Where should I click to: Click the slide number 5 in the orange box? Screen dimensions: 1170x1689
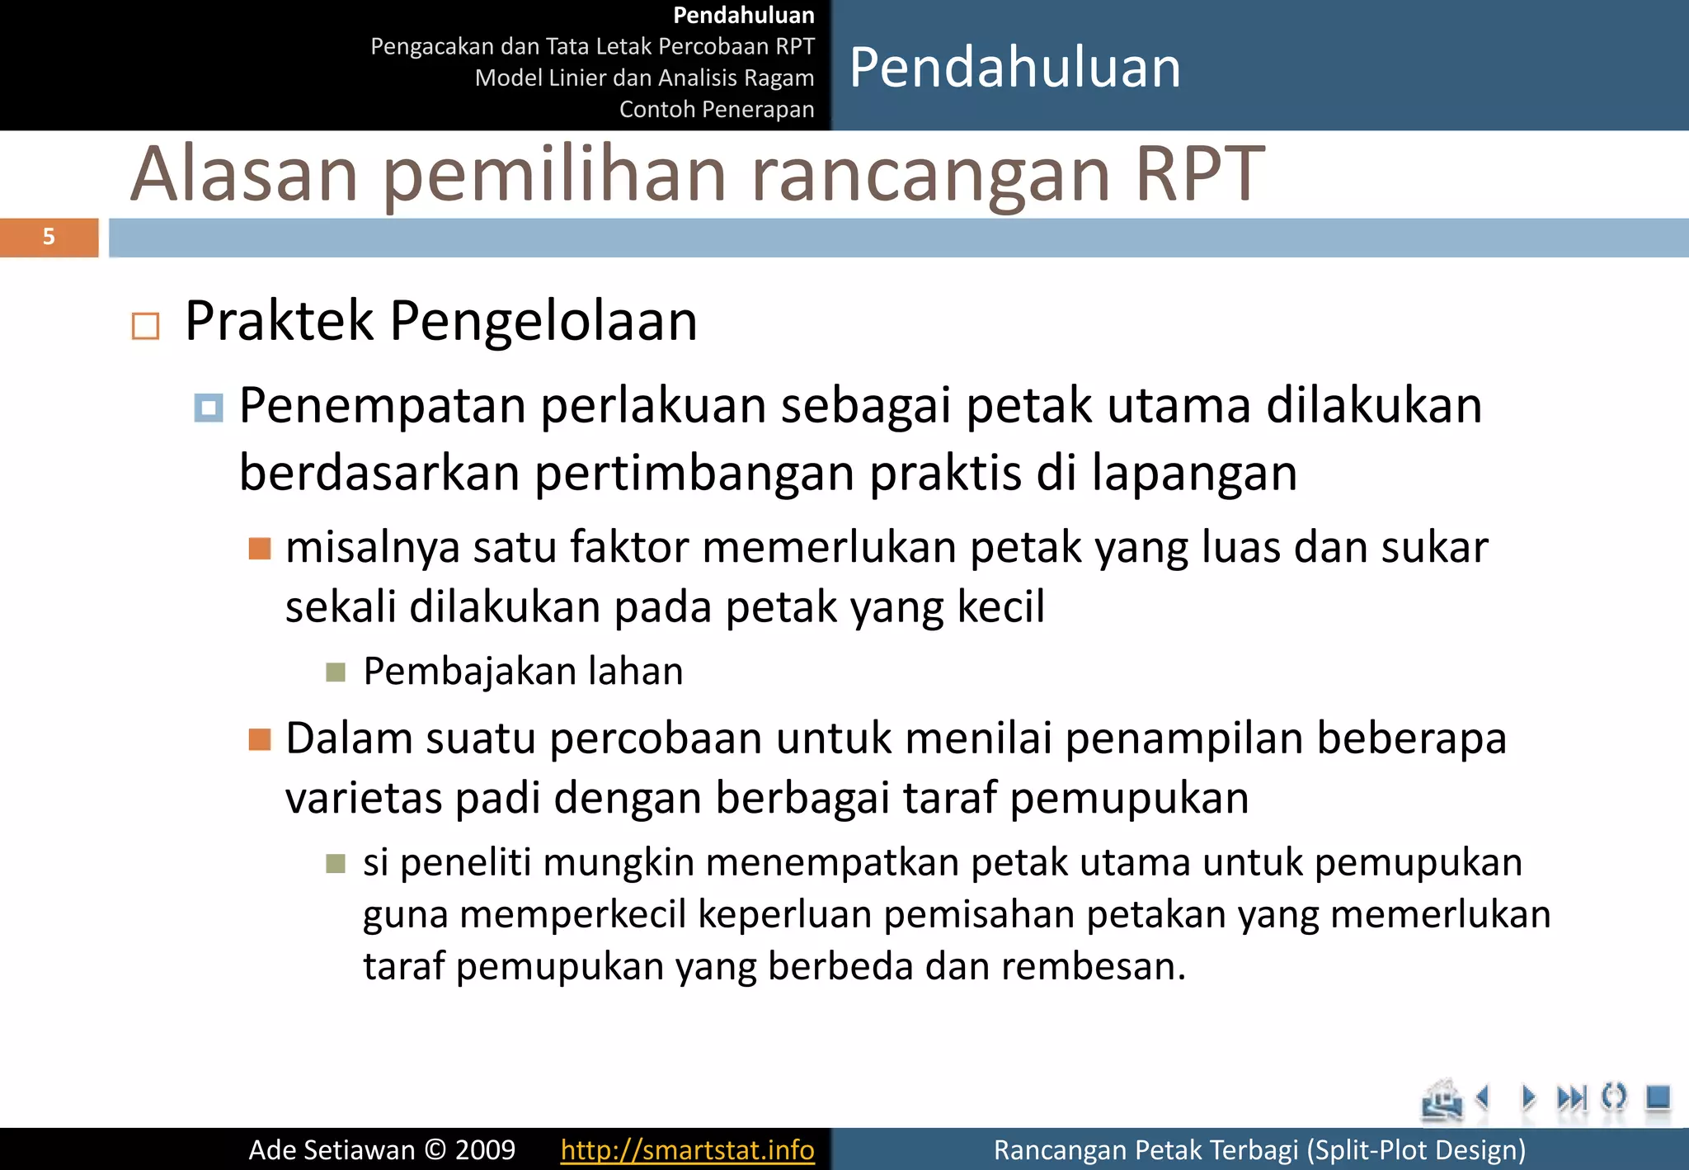click(49, 237)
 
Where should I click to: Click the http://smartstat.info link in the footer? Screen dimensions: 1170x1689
click(687, 1149)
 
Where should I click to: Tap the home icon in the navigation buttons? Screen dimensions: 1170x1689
click(1441, 1100)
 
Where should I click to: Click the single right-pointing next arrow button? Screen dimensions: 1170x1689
click(1528, 1097)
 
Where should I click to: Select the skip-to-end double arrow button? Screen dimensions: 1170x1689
click(1571, 1098)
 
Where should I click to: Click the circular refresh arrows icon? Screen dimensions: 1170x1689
click(1613, 1097)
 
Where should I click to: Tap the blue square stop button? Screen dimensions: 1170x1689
click(1658, 1097)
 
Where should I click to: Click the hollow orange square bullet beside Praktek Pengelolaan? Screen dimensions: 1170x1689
click(145, 326)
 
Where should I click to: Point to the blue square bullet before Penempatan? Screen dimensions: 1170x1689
click(208, 408)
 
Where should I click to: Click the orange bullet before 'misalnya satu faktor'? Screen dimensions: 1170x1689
click(260, 549)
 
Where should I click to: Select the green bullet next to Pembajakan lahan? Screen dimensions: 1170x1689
click(335, 672)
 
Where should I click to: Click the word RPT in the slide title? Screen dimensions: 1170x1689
click(1199, 174)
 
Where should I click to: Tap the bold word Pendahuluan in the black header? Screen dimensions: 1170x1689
click(744, 15)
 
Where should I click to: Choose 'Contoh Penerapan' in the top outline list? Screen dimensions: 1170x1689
click(716, 109)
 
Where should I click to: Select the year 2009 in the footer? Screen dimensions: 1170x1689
click(485, 1149)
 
